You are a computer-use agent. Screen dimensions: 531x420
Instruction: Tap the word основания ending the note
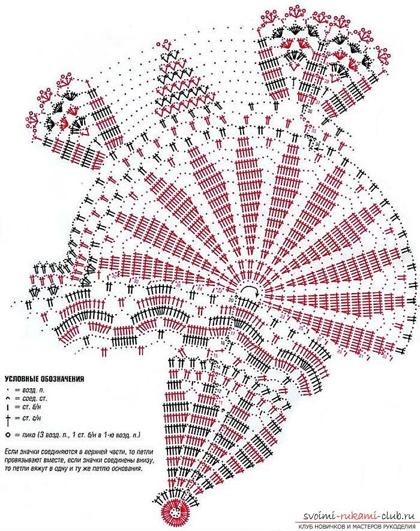point(127,468)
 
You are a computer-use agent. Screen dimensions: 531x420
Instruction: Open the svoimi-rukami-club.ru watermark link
point(358,517)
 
